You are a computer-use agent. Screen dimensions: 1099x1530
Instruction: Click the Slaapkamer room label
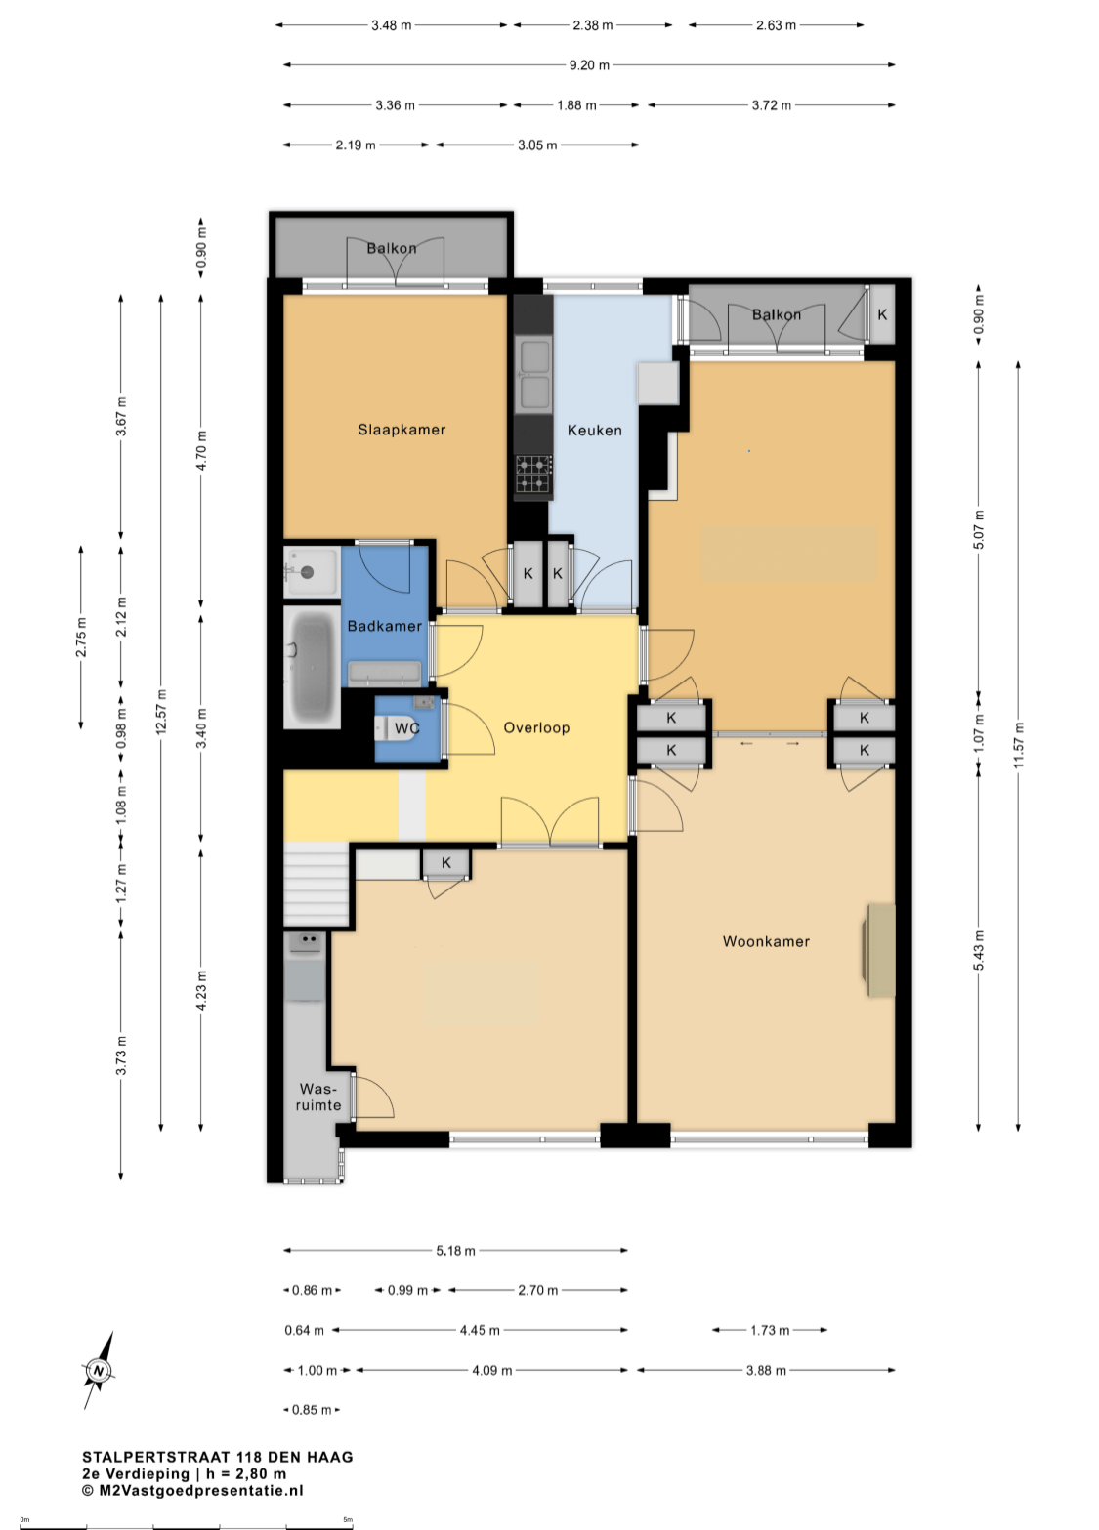tap(402, 430)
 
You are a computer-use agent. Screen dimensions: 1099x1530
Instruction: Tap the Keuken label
tap(595, 431)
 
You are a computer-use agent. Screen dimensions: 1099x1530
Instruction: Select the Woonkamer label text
tap(766, 941)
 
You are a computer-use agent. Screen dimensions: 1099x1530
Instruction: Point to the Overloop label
tap(536, 727)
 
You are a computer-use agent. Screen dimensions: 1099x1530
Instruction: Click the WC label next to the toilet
tap(406, 728)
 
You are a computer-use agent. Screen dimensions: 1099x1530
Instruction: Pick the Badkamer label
tap(384, 626)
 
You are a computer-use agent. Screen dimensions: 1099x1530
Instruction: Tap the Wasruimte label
tap(318, 1096)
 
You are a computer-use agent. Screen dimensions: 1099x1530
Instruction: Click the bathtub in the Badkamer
tap(312, 667)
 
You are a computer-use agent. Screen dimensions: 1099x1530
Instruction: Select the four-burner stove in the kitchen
tap(533, 474)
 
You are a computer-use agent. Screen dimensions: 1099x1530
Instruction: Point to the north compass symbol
tap(99, 1370)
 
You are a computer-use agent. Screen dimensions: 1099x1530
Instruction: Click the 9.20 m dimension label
tap(589, 65)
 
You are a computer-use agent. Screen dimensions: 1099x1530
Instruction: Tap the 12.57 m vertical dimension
tap(161, 713)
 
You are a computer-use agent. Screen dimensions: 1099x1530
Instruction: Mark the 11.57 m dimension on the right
tap(1018, 745)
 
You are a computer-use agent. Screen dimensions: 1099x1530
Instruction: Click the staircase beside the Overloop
tap(317, 884)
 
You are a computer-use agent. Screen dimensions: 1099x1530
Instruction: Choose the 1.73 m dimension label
tap(770, 1330)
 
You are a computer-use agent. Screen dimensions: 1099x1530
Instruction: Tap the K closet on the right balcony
tap(882, 314)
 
